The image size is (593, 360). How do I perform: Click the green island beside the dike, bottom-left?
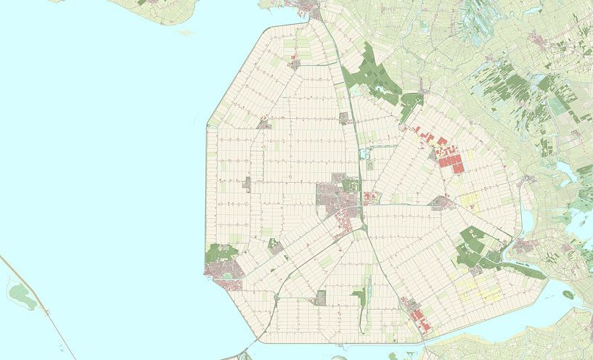[x=22, y=295]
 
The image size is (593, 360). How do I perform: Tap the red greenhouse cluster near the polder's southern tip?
[x=417, y=316]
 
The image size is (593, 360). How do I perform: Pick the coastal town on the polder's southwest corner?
[x=224, y=271]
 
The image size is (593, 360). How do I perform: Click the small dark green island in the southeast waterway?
[x=568, y=295]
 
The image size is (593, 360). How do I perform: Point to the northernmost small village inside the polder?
[x=294, y=65]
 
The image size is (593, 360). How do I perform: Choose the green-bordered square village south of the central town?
[x=321, y=298]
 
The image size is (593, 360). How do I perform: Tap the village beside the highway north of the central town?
[x=344, y=119]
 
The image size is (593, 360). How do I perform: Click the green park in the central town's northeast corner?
[x=353, y=184]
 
